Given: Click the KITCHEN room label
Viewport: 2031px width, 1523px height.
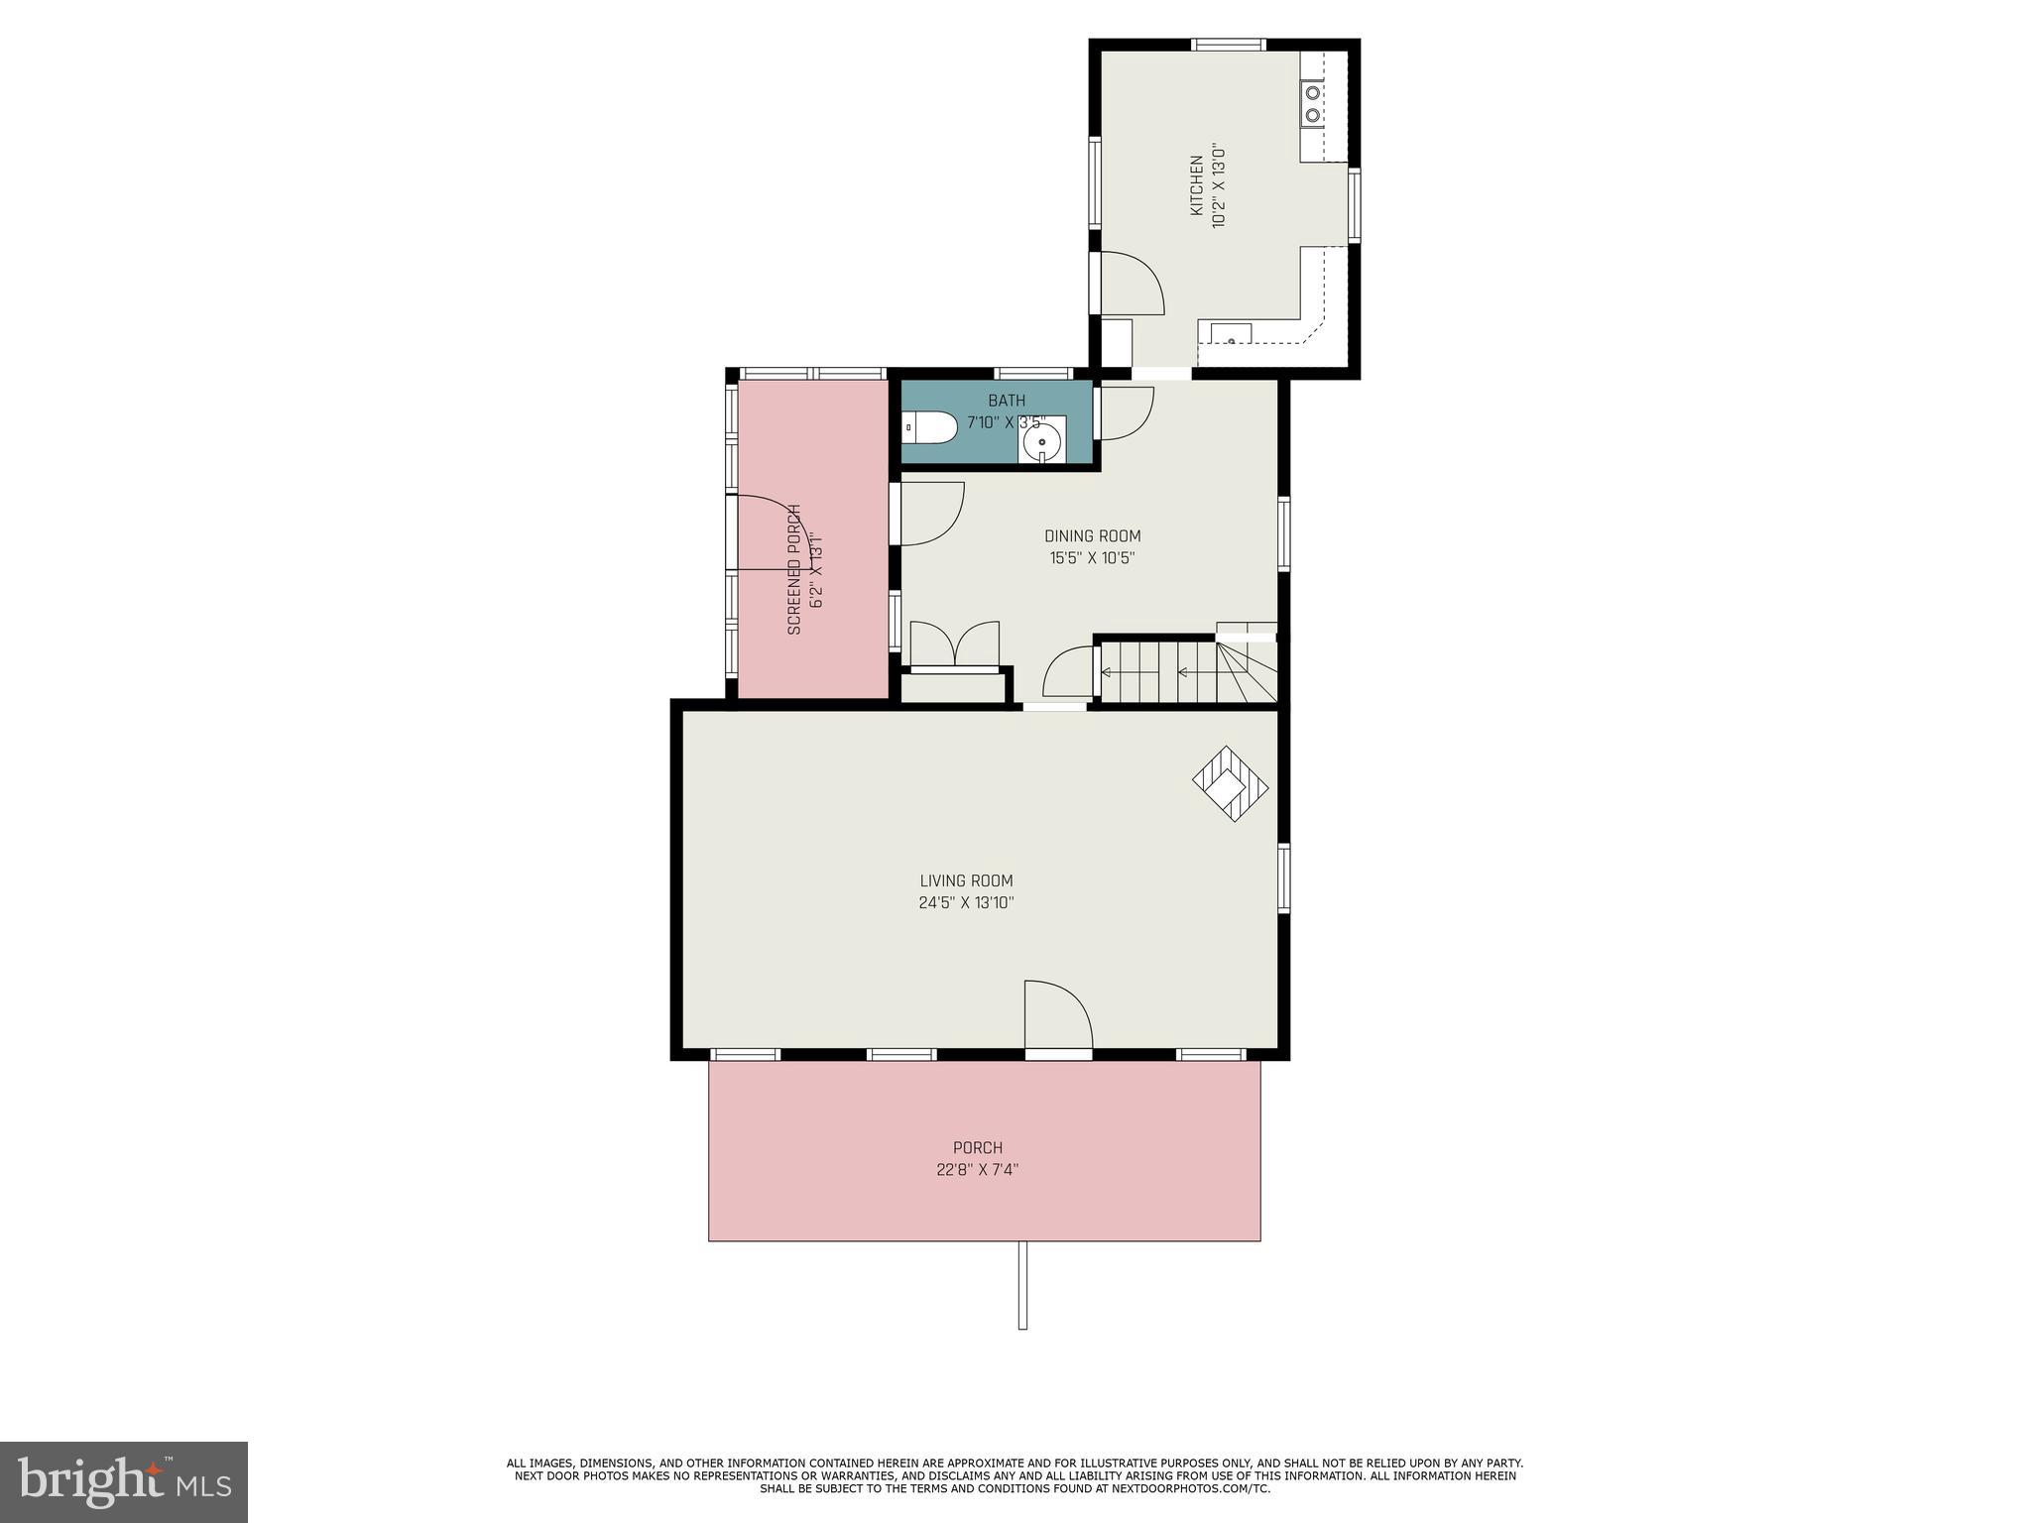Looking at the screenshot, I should click(x=1197, y=185).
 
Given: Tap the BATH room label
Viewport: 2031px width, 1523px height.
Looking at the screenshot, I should click(x=1007, y=401).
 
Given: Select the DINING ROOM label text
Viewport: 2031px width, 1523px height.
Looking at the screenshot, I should click(x=1092, y=536).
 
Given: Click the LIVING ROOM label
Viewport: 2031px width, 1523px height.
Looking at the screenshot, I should click(x=966, y=880).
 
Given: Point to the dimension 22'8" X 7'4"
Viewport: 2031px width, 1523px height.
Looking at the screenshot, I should click(x=977, y=1170).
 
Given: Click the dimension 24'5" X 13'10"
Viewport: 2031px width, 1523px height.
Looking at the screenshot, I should click(x=966, y=903).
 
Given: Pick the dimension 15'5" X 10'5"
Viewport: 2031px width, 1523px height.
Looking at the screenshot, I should click(x=1092, y=558).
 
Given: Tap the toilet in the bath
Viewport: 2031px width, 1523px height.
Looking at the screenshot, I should click(x=931, y=428).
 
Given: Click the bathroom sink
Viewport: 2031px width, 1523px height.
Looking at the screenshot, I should click(x=1042, y=440).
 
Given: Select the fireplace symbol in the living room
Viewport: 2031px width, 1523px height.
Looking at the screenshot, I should click(x=1230, y=783).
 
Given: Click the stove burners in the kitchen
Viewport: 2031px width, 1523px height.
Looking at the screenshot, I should click(x=1312, y=104).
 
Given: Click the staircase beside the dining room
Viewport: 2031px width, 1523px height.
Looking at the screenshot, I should click(x=1185, y=672).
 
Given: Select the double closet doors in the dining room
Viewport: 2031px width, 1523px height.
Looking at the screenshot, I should click(x=954, y=645).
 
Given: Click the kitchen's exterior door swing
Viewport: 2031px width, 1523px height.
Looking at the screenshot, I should click(x=1132, y=285).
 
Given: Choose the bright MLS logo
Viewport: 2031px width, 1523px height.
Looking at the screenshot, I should click(x=124, y=1481).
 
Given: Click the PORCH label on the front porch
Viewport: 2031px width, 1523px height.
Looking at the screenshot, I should click(x=977, y=1148).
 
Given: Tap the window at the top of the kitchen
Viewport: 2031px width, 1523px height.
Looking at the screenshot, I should click(x=1228, y=45).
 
